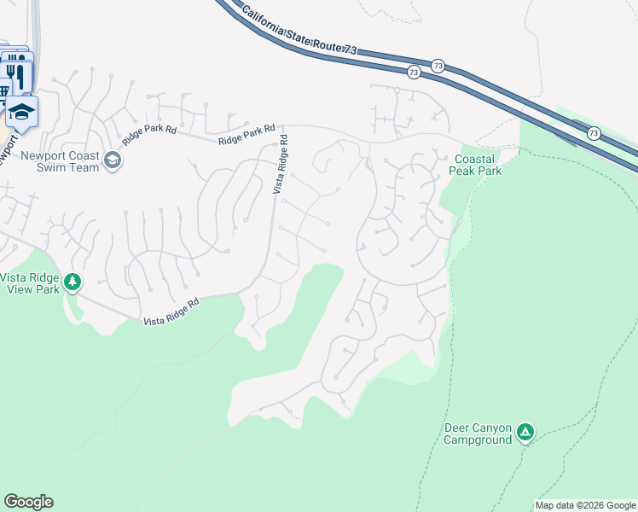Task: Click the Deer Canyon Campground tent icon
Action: pyautogui.click(x=526, y=433)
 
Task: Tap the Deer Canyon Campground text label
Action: pyautogui.click(x=478, y=433)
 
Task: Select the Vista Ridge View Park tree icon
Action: pyautogui.click(x=72, y=282)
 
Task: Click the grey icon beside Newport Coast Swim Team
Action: pyautogui.click(x=112, y=160)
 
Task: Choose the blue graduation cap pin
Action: pyautogui.click(x=21, y=112)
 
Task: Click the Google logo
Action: pyautogui.click(x=28, y=502)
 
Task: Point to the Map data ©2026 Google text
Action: pyautogui.click(x=584, y=505)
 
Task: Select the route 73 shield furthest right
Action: pyautogui.click(x=594, y=133)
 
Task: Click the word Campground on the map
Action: pyautogui.click(x=478, y=440)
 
